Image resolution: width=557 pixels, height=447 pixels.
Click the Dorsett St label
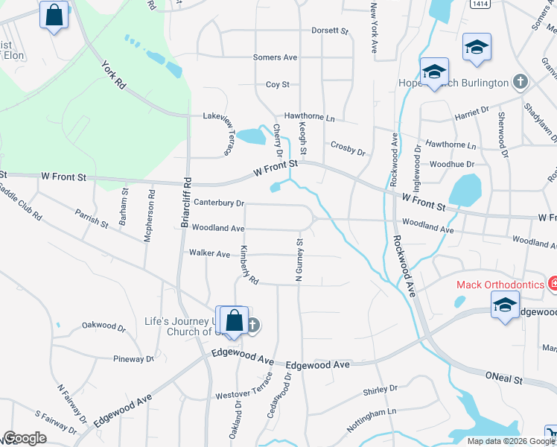(330, 31)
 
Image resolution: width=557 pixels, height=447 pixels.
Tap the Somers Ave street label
(275, 57)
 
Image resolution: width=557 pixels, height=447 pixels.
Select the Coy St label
(278, 85)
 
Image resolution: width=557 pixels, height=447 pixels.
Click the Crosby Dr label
(347, 151)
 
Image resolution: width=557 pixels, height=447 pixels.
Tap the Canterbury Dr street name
(219, 203)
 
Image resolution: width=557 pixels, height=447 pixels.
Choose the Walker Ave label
(209, 253)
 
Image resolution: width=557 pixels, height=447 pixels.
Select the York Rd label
(114, 74)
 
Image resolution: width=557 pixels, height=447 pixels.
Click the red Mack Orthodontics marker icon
(553, 283)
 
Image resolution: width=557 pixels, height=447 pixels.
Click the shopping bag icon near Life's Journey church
(234, 320)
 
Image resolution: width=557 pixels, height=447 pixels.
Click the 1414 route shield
(479, 4)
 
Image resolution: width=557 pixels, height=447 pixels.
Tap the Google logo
(25, 438)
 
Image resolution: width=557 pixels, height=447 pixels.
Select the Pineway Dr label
(133, 359)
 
